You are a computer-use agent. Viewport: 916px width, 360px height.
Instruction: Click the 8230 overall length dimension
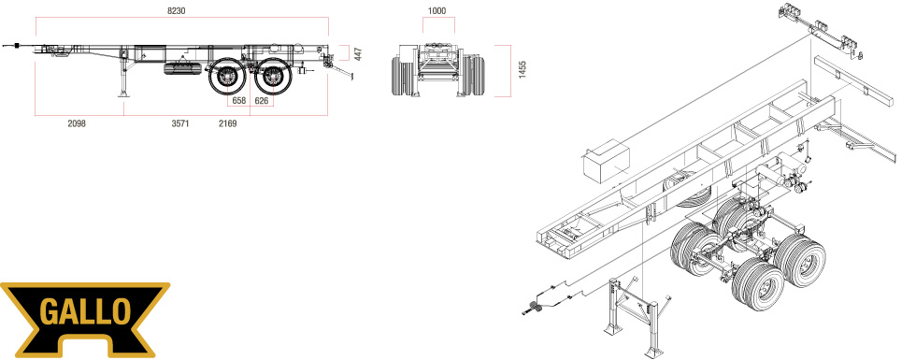click(177, 10)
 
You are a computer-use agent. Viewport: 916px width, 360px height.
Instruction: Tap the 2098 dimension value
click(77, 123)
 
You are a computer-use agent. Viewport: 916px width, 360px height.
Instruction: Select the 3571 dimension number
click(179, 123)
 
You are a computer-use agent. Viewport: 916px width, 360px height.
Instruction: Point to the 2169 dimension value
click(227, 123)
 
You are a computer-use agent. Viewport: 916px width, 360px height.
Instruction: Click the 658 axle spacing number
click(239, 101)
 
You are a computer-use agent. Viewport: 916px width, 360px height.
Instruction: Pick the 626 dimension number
click(262, 101)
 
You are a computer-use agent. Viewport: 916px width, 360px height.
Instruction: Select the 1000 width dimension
click(437, 10)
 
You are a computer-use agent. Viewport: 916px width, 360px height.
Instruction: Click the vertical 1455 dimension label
click(522, 70)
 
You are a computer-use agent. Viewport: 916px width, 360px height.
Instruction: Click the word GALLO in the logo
click(85, 312)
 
